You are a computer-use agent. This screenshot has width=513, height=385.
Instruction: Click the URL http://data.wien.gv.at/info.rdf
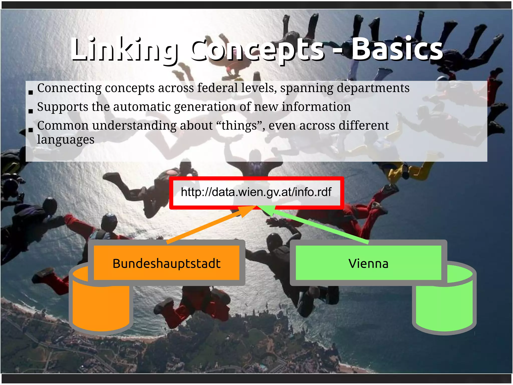pyautogui.click(x=256, y=192)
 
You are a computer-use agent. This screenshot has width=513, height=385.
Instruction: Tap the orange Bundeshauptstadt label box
pyautogui.click(x=167, y=263)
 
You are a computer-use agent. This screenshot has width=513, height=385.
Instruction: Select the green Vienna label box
pyautogui.click(x=368, y=263)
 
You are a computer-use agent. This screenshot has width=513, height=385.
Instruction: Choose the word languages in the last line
pyautogui.click(x=66, y=140)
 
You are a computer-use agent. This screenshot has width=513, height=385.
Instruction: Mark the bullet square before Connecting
pyautogui.click(x=31, y=92)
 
